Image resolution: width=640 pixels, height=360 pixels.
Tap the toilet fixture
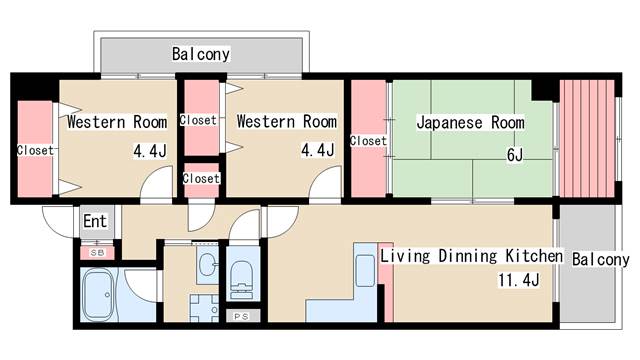coord(242,276)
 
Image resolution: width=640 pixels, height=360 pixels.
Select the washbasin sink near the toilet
coord(207,266)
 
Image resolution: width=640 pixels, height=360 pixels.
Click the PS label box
coord(241,316)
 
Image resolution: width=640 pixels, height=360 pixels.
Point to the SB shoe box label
coord(97,252)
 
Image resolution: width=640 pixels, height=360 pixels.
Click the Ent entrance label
coord(95,221)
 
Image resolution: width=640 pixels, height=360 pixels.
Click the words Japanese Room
coord(470,123)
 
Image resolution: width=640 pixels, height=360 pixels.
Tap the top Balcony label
coord(201,54)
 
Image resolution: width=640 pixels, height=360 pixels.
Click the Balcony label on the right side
coord(600,259)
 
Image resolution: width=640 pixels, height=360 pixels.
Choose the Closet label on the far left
coord(35,151)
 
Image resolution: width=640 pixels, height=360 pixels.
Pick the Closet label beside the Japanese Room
coord(368,141)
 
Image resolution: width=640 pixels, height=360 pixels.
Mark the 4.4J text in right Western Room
coord(317,152)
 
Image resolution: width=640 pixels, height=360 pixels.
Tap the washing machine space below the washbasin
coord(207,305)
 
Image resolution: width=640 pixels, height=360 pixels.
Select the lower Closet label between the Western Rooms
coord(201,179)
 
